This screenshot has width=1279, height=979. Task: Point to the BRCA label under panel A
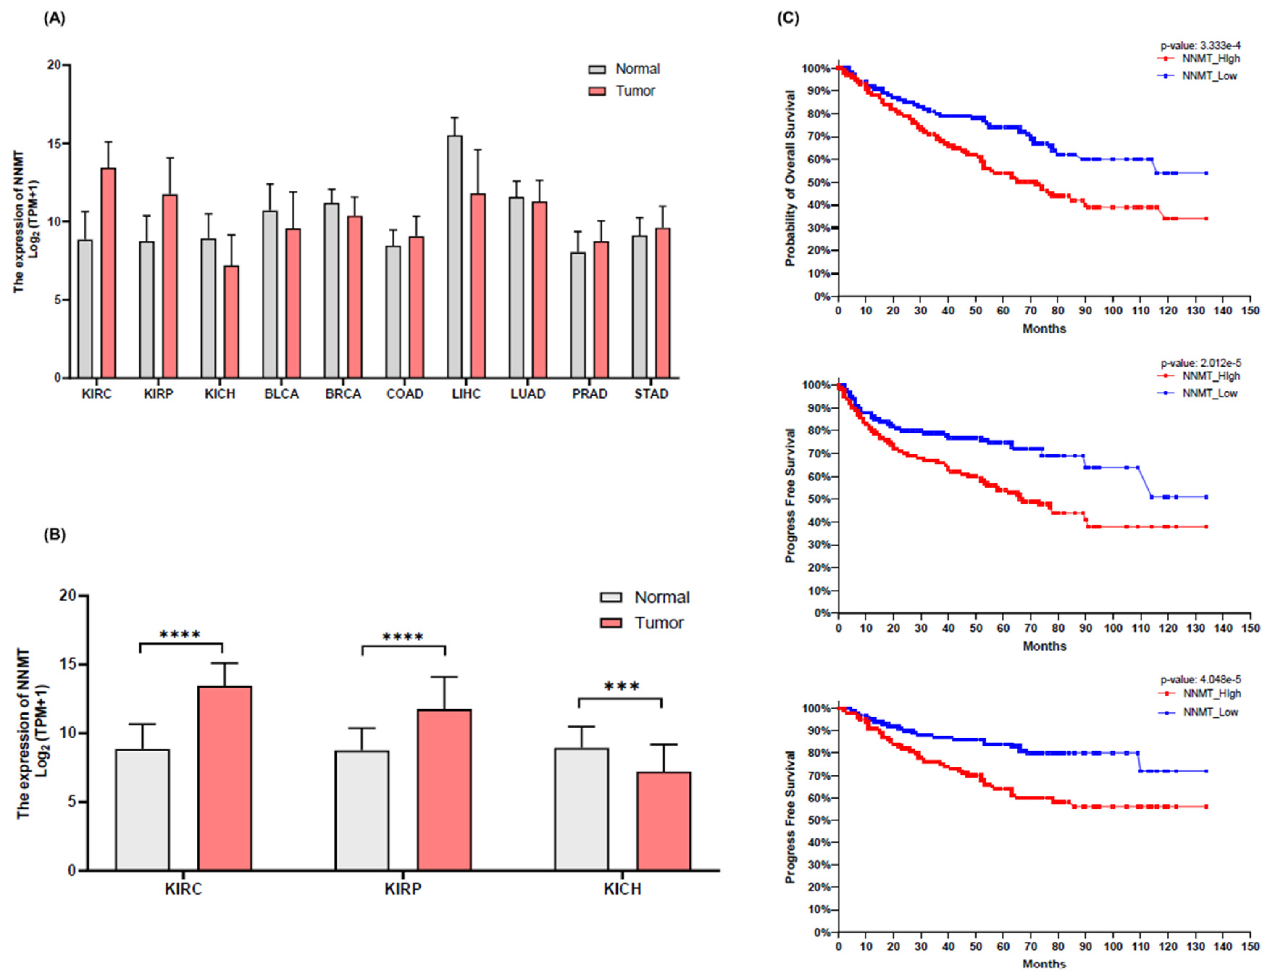(x=343, y=394)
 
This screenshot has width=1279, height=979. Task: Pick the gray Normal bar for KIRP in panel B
(x=362, y=811)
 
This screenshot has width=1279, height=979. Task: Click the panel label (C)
(x=788, y=18)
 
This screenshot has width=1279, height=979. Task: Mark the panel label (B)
(x=55, y=535)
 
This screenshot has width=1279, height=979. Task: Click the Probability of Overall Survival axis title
(x=790, y=178)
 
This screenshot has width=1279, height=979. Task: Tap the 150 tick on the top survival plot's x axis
(x=1250, y=311)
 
